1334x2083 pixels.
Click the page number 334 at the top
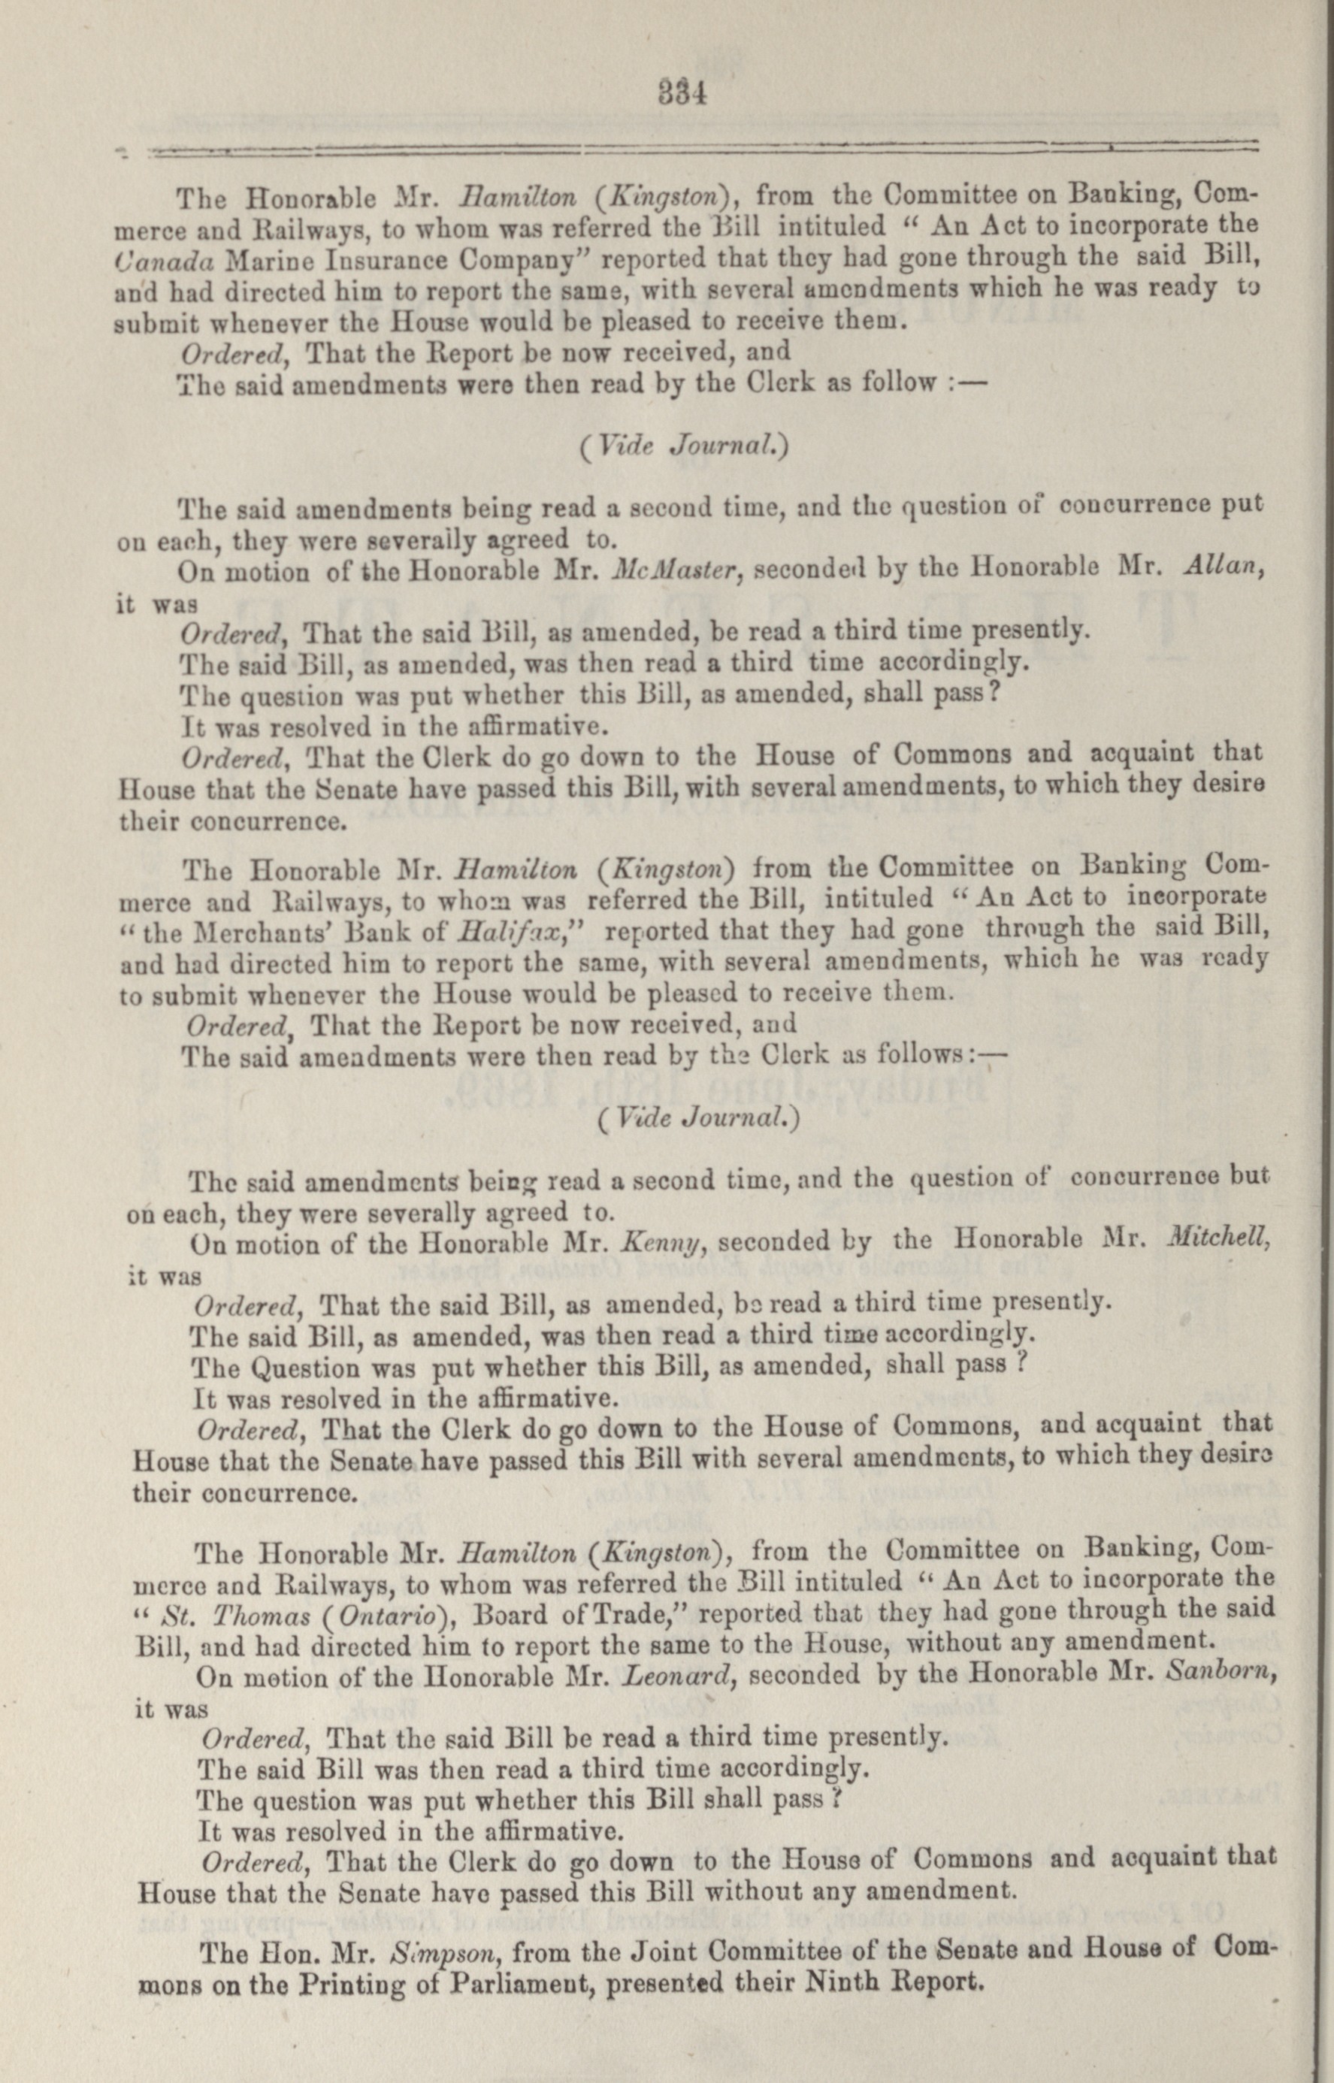pyautogui.click(x=683, y=91)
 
